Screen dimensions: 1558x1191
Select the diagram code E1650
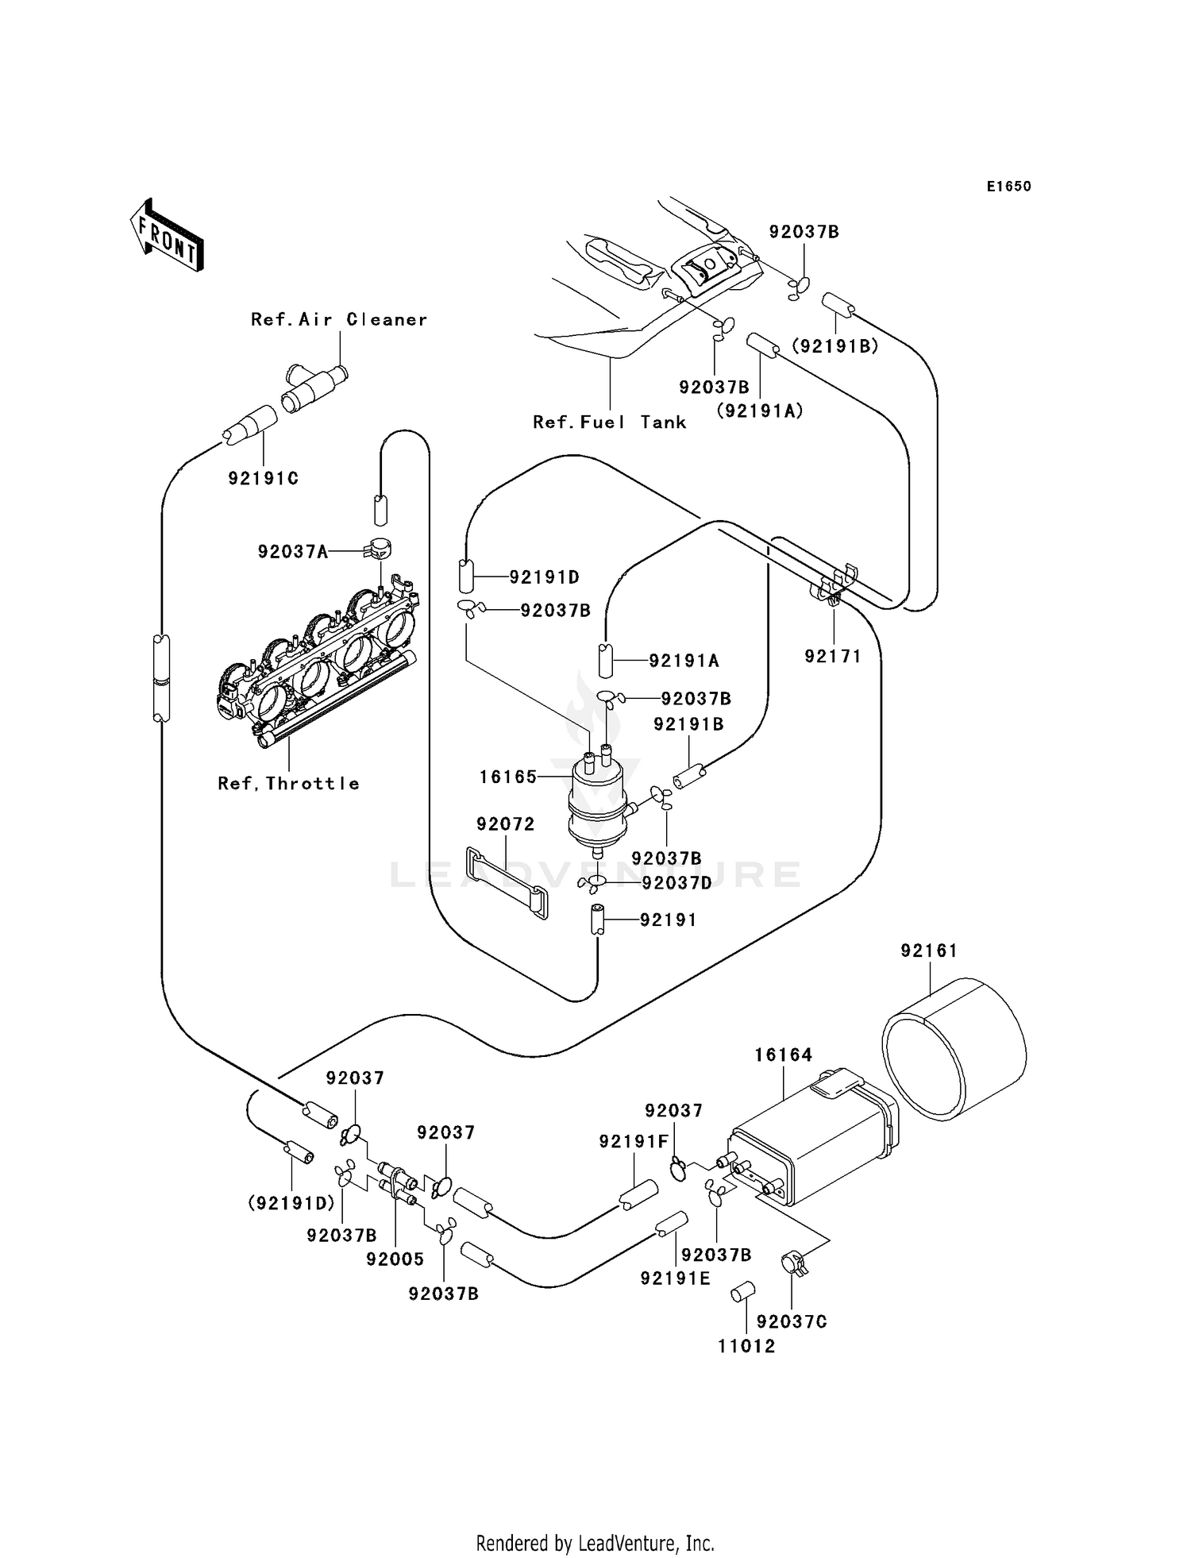coord(1008,187)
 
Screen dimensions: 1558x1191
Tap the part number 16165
coord(508,777)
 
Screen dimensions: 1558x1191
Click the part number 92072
coord(506,824)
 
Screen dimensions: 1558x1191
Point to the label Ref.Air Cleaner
coord(339,319)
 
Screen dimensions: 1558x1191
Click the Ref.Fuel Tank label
coord(609,422)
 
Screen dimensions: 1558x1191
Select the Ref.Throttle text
coord(289,784)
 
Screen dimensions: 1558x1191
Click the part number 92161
coord(929,951)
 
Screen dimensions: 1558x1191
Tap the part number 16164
coord(783,1055)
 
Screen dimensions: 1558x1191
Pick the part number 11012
coord(746,1346)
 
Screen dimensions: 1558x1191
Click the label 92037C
coord(792,1321)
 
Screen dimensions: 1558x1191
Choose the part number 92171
coord(833,657)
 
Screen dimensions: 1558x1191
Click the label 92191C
coord(264,479)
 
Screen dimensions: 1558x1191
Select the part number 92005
coord(395,1259)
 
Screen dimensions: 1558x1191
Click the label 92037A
coord(293,551)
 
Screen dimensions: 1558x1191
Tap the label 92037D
coord(677,883)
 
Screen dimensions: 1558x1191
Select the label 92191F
coord(634,1141)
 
